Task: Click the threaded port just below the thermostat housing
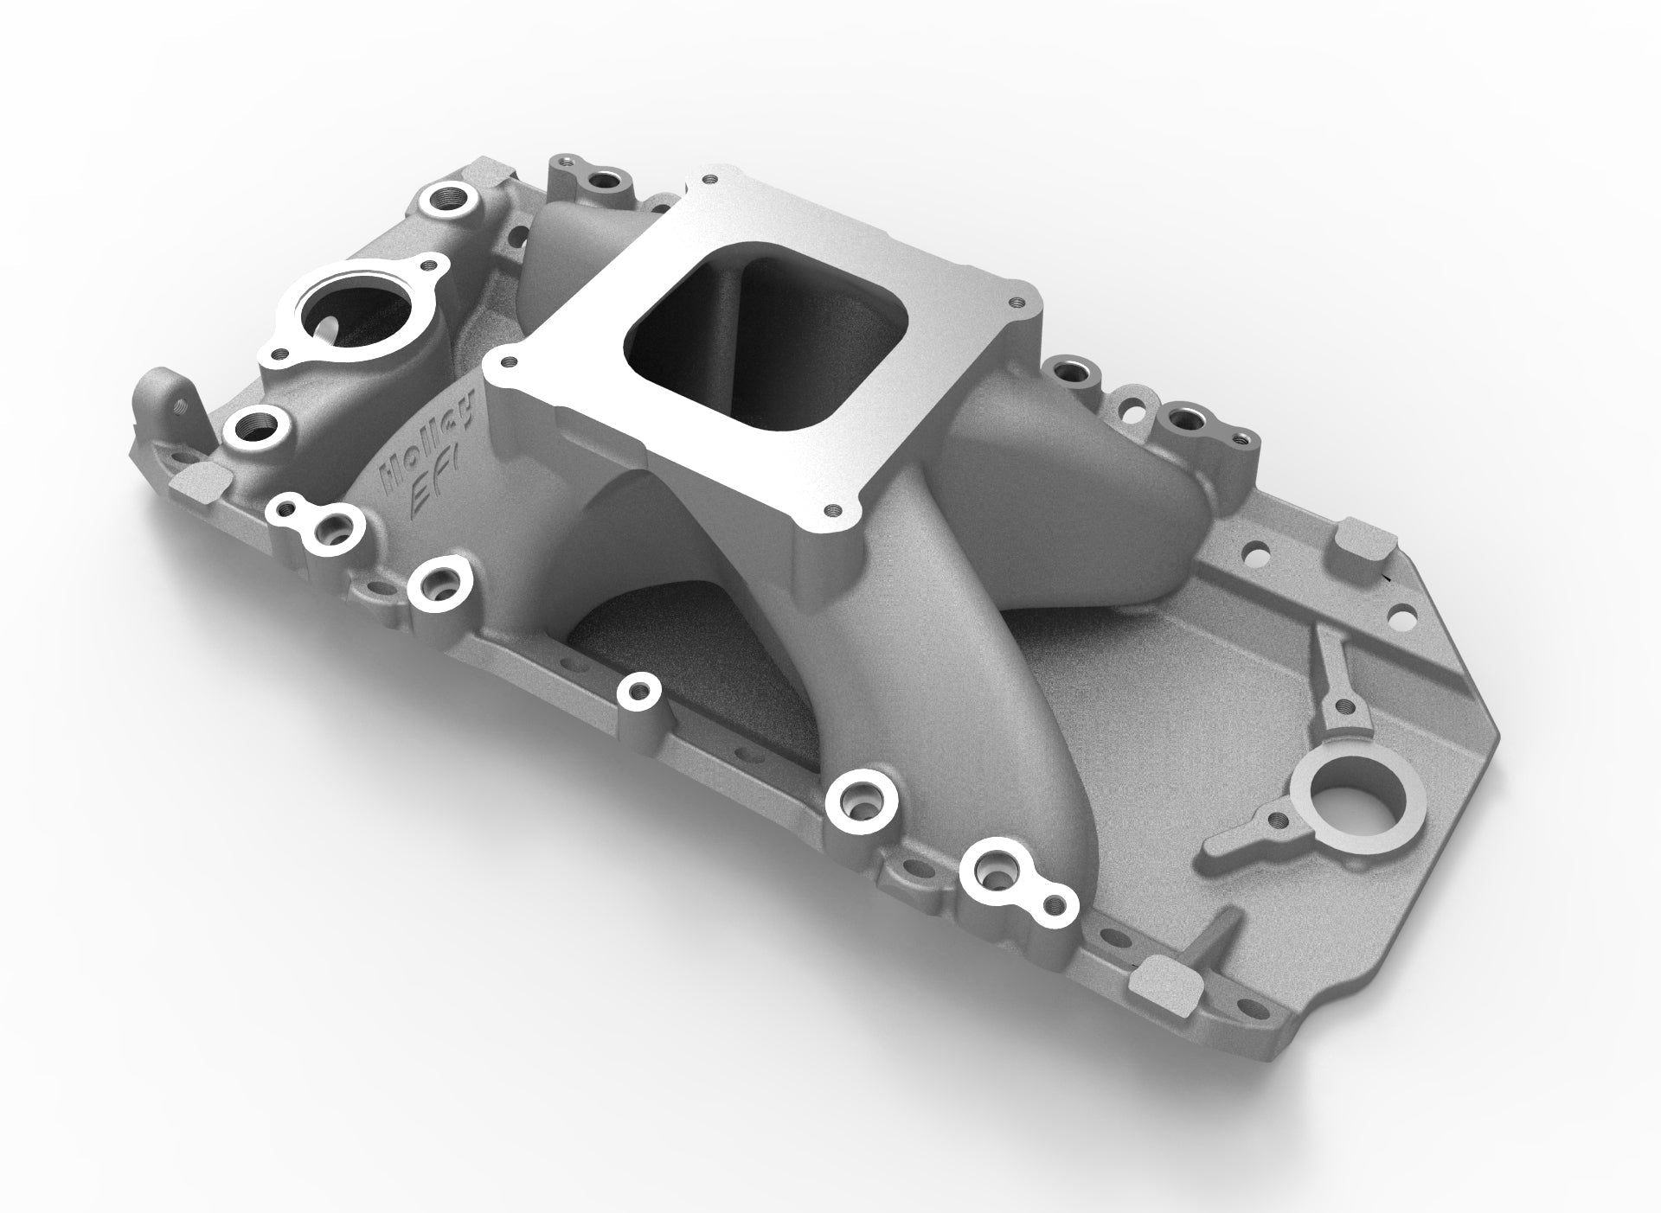[256, 427]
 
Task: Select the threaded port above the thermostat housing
[451, 198]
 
